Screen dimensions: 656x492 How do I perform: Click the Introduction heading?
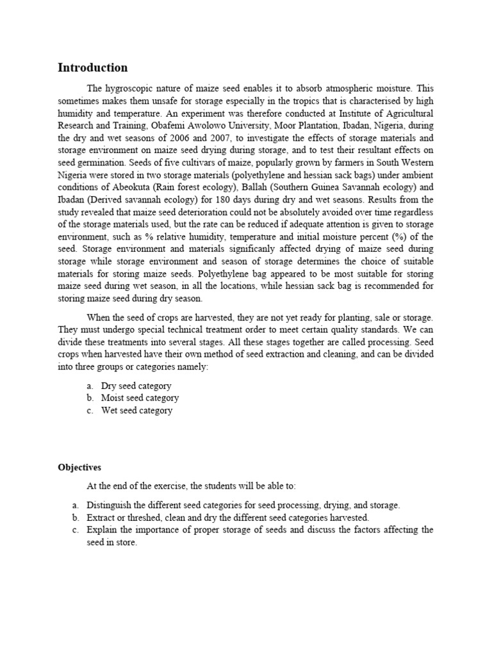click(93, 67)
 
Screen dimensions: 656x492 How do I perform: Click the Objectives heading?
click(79, 468)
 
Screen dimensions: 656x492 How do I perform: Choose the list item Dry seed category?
click(136, 386)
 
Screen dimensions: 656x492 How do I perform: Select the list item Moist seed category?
click(140, 398)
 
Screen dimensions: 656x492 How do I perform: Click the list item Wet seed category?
click(136, 411)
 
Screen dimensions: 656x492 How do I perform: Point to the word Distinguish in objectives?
click(109, 505)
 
